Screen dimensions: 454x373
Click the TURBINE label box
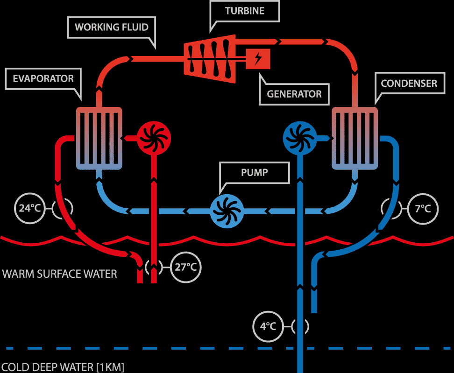pos(245,11)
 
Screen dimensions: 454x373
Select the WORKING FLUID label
pos(112,27)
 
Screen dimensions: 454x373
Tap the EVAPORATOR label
pos(43,79)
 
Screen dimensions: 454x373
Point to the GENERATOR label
pos(294,94)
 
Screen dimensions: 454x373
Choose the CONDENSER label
pos(409,84)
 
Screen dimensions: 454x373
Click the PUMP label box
pos(255,172)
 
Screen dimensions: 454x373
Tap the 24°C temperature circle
pos(30,208)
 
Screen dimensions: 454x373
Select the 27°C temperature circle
pos(185,267)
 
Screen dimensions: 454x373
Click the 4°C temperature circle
pos(268,326)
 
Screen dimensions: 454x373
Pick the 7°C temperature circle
pos(423,209)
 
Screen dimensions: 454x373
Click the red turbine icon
pos(210,59)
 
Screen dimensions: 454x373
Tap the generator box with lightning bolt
pos(258,59)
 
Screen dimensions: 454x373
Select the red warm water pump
pos(154,138)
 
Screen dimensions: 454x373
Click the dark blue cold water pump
pos(300,138)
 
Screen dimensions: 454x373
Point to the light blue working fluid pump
pos(227,211)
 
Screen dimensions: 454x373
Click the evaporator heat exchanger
pos(99,138)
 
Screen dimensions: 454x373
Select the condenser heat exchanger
pos(355,138)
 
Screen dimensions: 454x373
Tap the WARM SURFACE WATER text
pos(60,274)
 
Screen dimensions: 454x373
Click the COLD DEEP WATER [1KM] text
pos(63,367)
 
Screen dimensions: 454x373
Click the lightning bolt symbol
pos(258,59)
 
